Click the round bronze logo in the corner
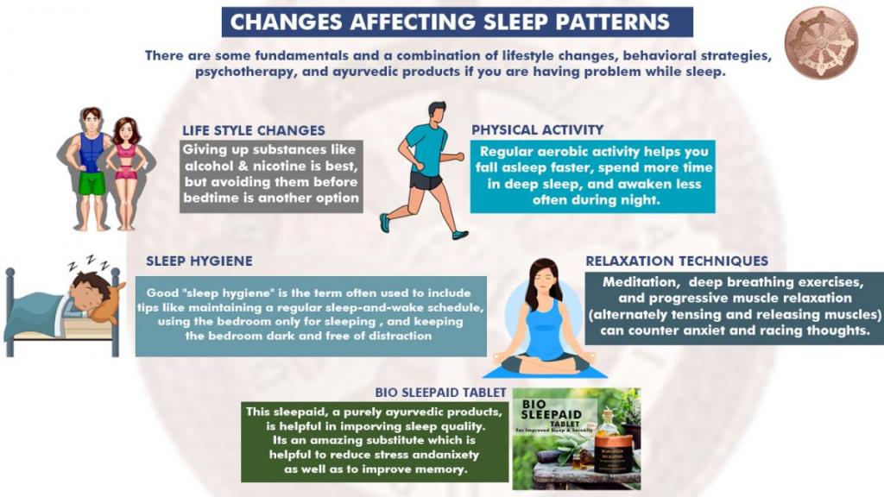point(821,43)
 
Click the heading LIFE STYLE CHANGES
point(253,130)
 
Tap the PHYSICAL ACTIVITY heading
point(537,129)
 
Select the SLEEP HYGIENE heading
point(199,261)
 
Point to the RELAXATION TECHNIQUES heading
point(677,261)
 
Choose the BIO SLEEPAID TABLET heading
point(440,393)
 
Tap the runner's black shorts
point(426,180)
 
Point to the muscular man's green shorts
point(92,183)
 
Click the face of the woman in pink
point(126,133)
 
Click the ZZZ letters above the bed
point(89,262)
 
